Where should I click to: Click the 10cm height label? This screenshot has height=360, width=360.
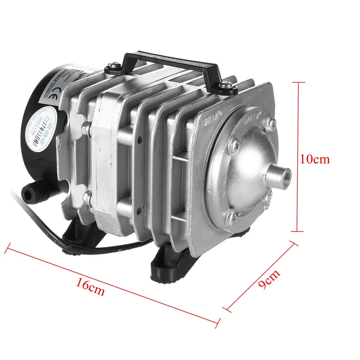click(315, 159)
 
